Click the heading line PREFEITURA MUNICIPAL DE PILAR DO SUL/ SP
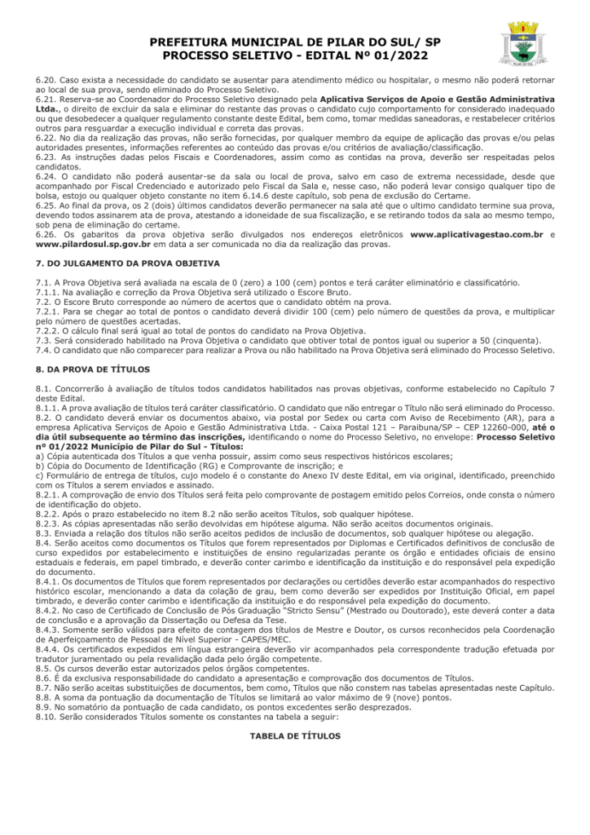pos(295,42)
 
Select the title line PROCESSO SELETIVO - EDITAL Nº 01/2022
pos(295,55)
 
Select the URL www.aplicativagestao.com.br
pos(477,234)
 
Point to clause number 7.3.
pos(44,340)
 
